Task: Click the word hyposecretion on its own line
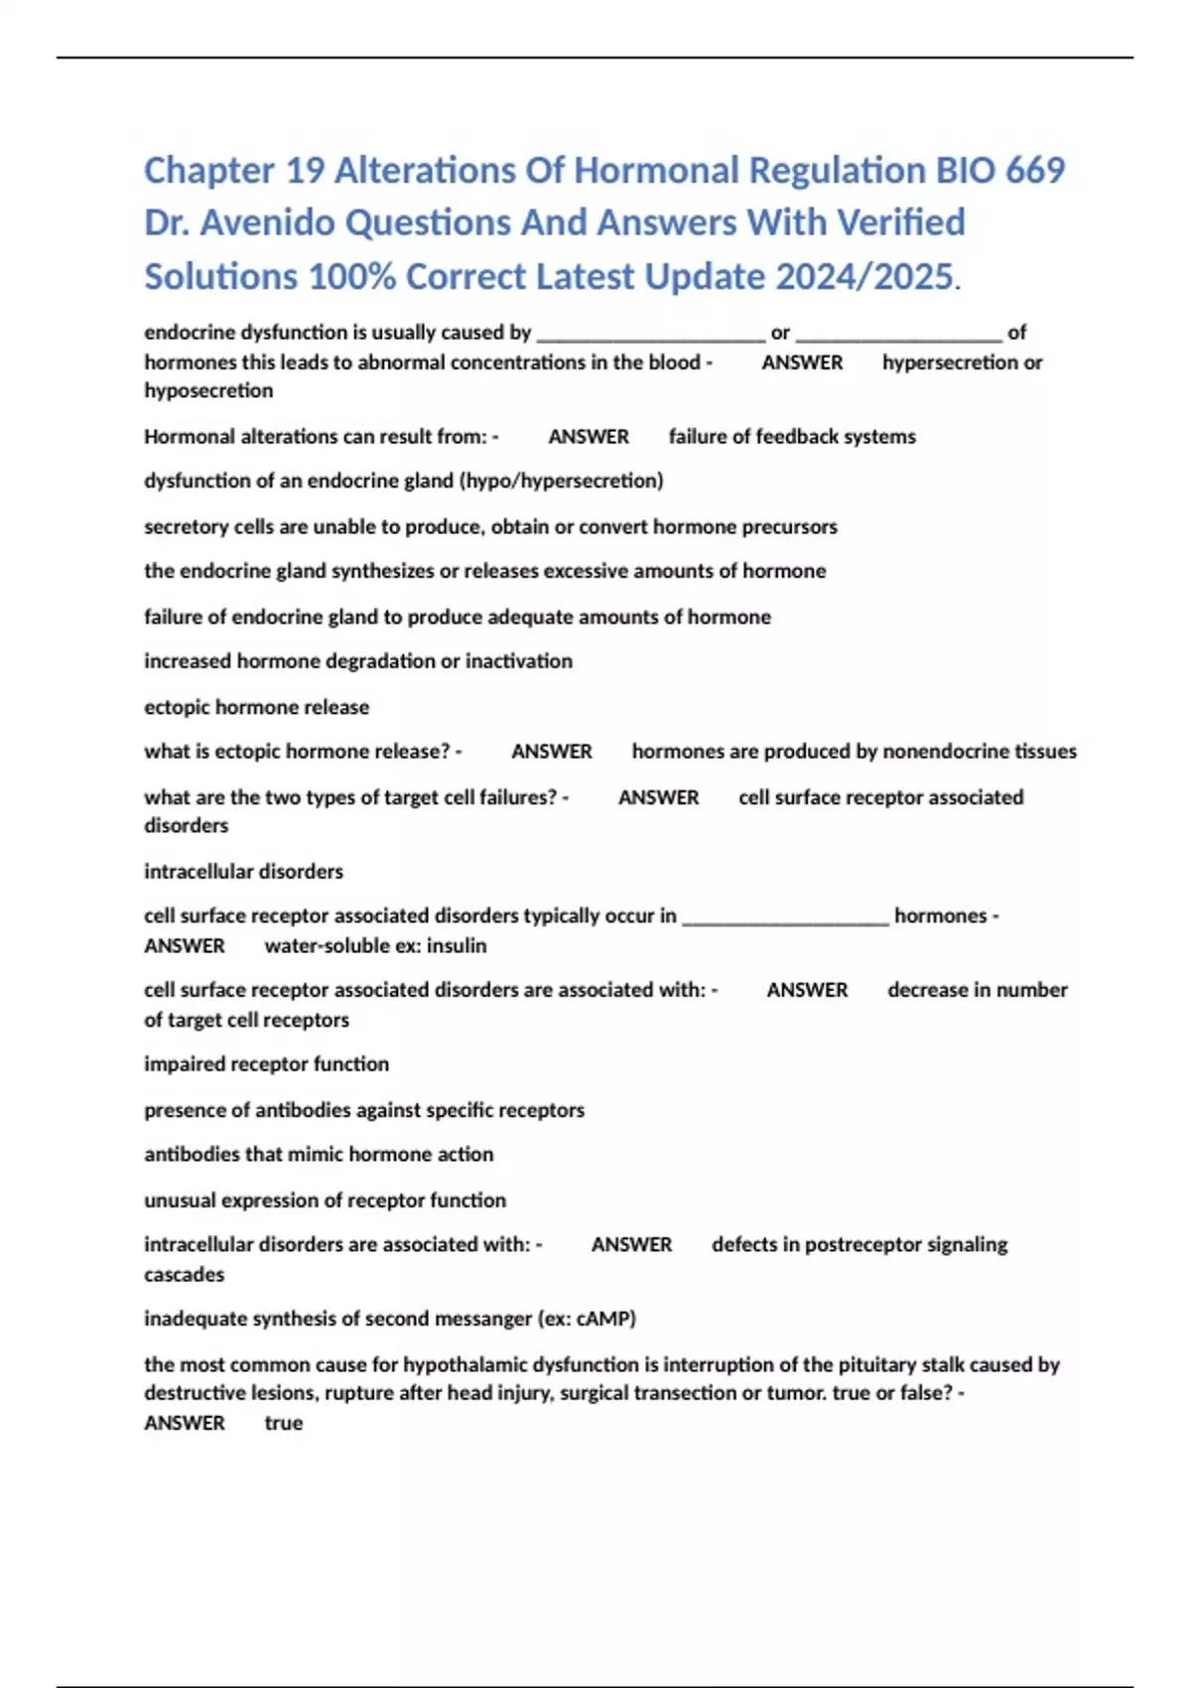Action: coord(208,390)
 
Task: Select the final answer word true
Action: coord(283,1423)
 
